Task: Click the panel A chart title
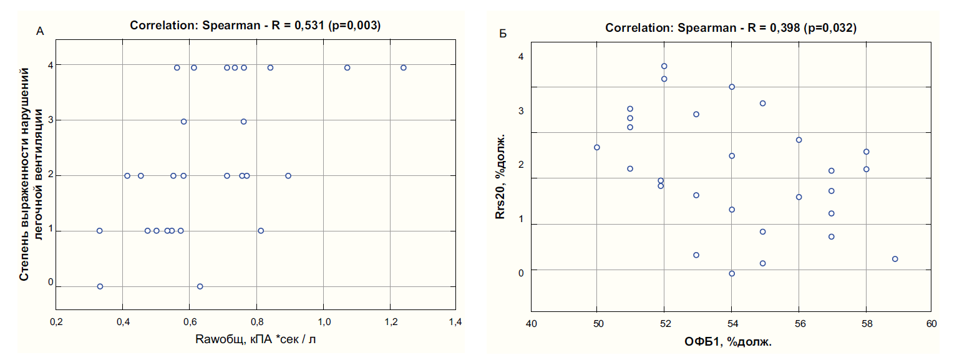point(255,26)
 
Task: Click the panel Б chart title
point(730,28)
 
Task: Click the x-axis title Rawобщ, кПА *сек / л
point(255,339)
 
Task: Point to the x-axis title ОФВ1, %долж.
point(730,343)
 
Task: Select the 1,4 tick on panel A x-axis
point(456,322)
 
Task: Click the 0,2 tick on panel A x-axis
point(56,322)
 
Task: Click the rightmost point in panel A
point(403,67)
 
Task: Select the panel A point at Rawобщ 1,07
point(347,67)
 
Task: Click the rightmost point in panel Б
point(895,259)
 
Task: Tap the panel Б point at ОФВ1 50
point(597,147)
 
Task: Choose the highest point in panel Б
point(664,66)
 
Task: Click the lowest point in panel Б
point(732,273)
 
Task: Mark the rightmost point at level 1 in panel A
point(261,231)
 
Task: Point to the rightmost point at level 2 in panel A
point(288,176)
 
